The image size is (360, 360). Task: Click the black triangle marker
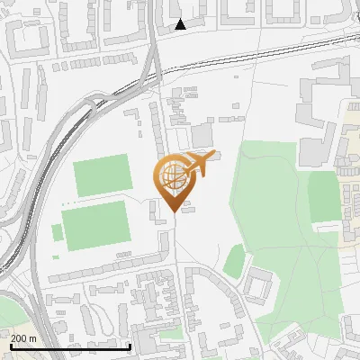point(181,24)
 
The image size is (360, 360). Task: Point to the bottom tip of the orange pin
point(171,210)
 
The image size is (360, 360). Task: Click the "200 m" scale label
point(23,337)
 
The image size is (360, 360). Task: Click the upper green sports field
point(102,174)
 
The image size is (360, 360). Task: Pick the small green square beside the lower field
point(58,232)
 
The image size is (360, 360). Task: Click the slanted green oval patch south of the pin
point(234,261)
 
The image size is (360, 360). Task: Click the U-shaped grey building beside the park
point(259,287)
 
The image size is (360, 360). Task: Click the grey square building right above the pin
point(202,135)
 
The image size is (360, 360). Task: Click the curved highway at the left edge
point(36,180)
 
